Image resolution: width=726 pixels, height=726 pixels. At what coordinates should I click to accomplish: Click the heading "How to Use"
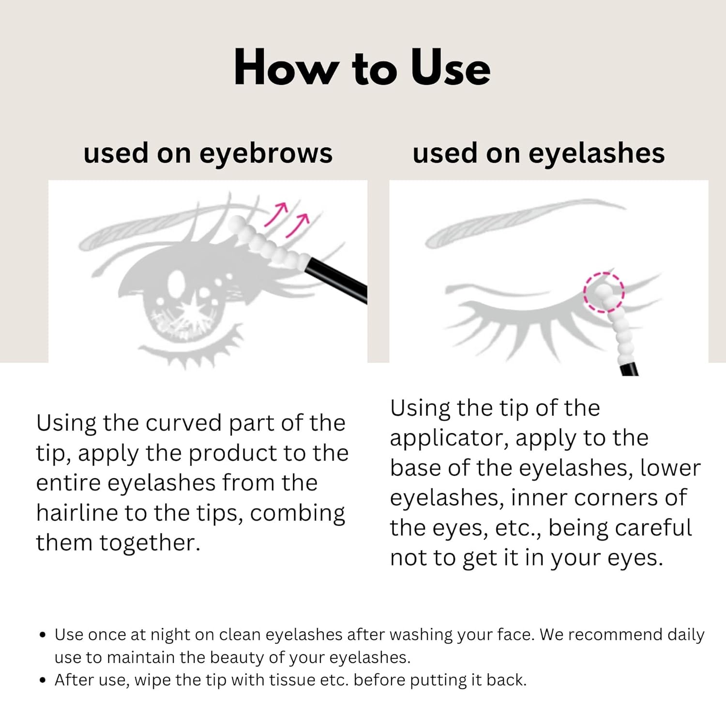click(362, 67)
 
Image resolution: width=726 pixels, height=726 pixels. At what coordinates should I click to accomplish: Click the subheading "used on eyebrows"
click(208, 154)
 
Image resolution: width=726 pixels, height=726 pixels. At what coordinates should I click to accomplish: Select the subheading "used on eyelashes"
click(539, 153)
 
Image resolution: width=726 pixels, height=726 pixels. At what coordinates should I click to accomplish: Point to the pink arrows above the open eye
click(287, 220)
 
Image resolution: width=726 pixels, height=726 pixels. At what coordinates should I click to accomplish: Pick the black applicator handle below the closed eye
click(629, 369)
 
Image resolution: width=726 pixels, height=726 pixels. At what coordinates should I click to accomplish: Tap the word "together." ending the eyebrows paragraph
click(150, 544)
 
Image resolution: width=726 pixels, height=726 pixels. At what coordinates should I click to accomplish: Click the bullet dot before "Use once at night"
click(43, 635)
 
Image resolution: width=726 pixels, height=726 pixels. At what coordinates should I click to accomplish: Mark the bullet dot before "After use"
click(43, 681)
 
